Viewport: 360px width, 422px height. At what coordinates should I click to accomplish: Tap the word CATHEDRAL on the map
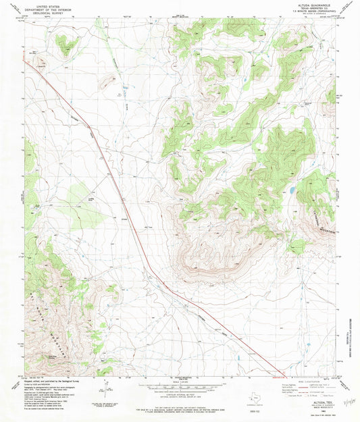321,213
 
